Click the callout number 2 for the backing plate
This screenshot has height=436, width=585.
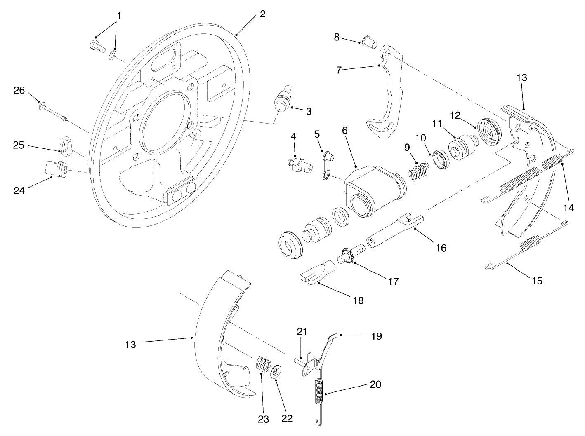[263, 14]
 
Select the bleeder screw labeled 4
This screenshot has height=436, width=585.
[299, 165]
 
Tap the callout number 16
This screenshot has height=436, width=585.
[441, 248]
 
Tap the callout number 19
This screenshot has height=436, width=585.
[376, 336]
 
